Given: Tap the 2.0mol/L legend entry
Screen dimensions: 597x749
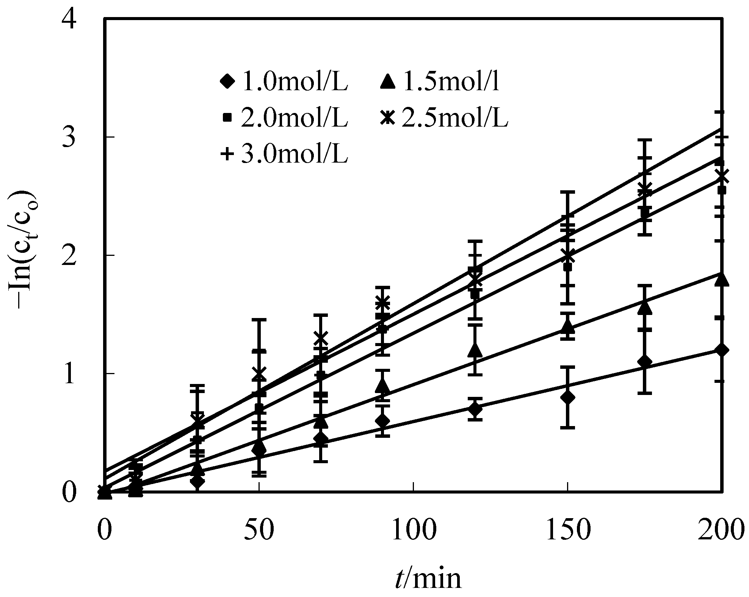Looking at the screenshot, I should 284,119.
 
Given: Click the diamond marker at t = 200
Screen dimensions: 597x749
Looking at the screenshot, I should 722,350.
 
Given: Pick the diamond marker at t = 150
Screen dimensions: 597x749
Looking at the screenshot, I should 567,397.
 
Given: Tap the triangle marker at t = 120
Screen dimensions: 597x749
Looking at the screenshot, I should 475,350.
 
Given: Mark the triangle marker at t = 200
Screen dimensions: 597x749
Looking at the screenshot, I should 722,279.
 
